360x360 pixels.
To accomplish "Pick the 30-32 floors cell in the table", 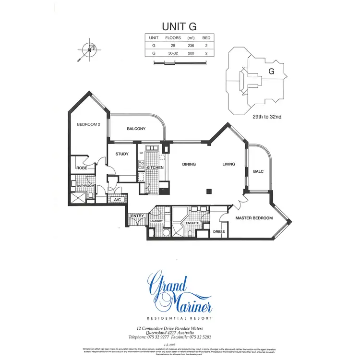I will point(172,53).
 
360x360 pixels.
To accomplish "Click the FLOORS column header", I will point(172,37).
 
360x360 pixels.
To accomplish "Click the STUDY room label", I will point(122,154).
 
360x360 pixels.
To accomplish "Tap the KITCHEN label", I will point(155,168).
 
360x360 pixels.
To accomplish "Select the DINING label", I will point(189,164).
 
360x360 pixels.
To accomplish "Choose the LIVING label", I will point(228,164).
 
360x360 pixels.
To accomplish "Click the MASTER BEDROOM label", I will point(253,218).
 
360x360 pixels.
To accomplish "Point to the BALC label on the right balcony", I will point(259,171).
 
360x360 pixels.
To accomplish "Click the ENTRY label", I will point(137,216).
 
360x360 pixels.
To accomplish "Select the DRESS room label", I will point(218,231).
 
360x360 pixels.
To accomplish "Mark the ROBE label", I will point(81,168).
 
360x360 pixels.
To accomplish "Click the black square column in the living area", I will point(209,192).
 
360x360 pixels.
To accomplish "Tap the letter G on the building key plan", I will point(271,72).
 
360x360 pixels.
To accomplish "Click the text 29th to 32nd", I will point(267,117).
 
